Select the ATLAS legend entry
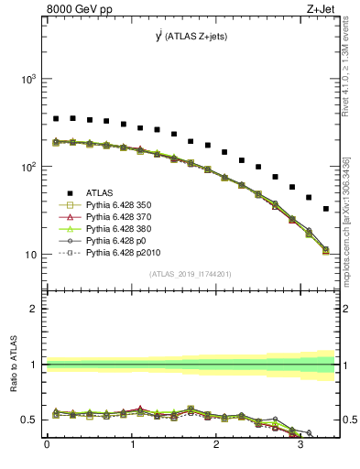click(x=100, y=191)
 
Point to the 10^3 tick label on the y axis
click(x=27, y=79)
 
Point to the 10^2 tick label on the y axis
click(x=27, y=167)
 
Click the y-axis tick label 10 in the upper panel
click(x=29, y=254)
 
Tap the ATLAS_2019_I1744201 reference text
click(x=191, y=274)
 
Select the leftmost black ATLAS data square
click(x=56, y=118)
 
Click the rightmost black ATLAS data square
click(x=325, y=209)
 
